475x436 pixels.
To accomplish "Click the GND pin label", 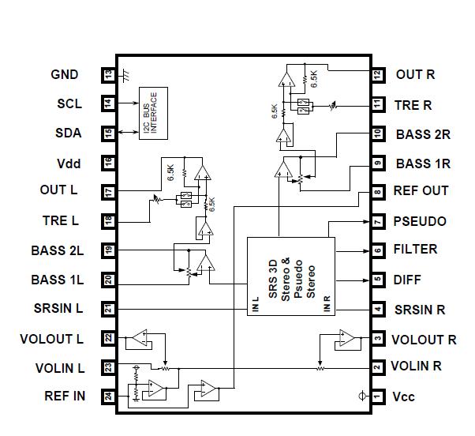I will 65,75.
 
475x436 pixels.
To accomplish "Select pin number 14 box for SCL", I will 109,103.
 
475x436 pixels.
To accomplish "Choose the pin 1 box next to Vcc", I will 378,397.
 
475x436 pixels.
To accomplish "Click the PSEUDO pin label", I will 420,222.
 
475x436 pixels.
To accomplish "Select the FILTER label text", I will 415,250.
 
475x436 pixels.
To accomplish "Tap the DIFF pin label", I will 407,279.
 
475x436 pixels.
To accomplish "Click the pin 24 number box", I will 109,397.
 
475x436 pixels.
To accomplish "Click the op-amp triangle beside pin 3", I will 346,338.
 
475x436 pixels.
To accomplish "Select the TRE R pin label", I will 414,105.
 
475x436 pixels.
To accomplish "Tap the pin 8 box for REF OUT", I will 378,192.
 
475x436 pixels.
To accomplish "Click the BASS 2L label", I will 57,250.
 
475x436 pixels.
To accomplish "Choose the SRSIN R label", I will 420,309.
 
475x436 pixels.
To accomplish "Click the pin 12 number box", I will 378,75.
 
